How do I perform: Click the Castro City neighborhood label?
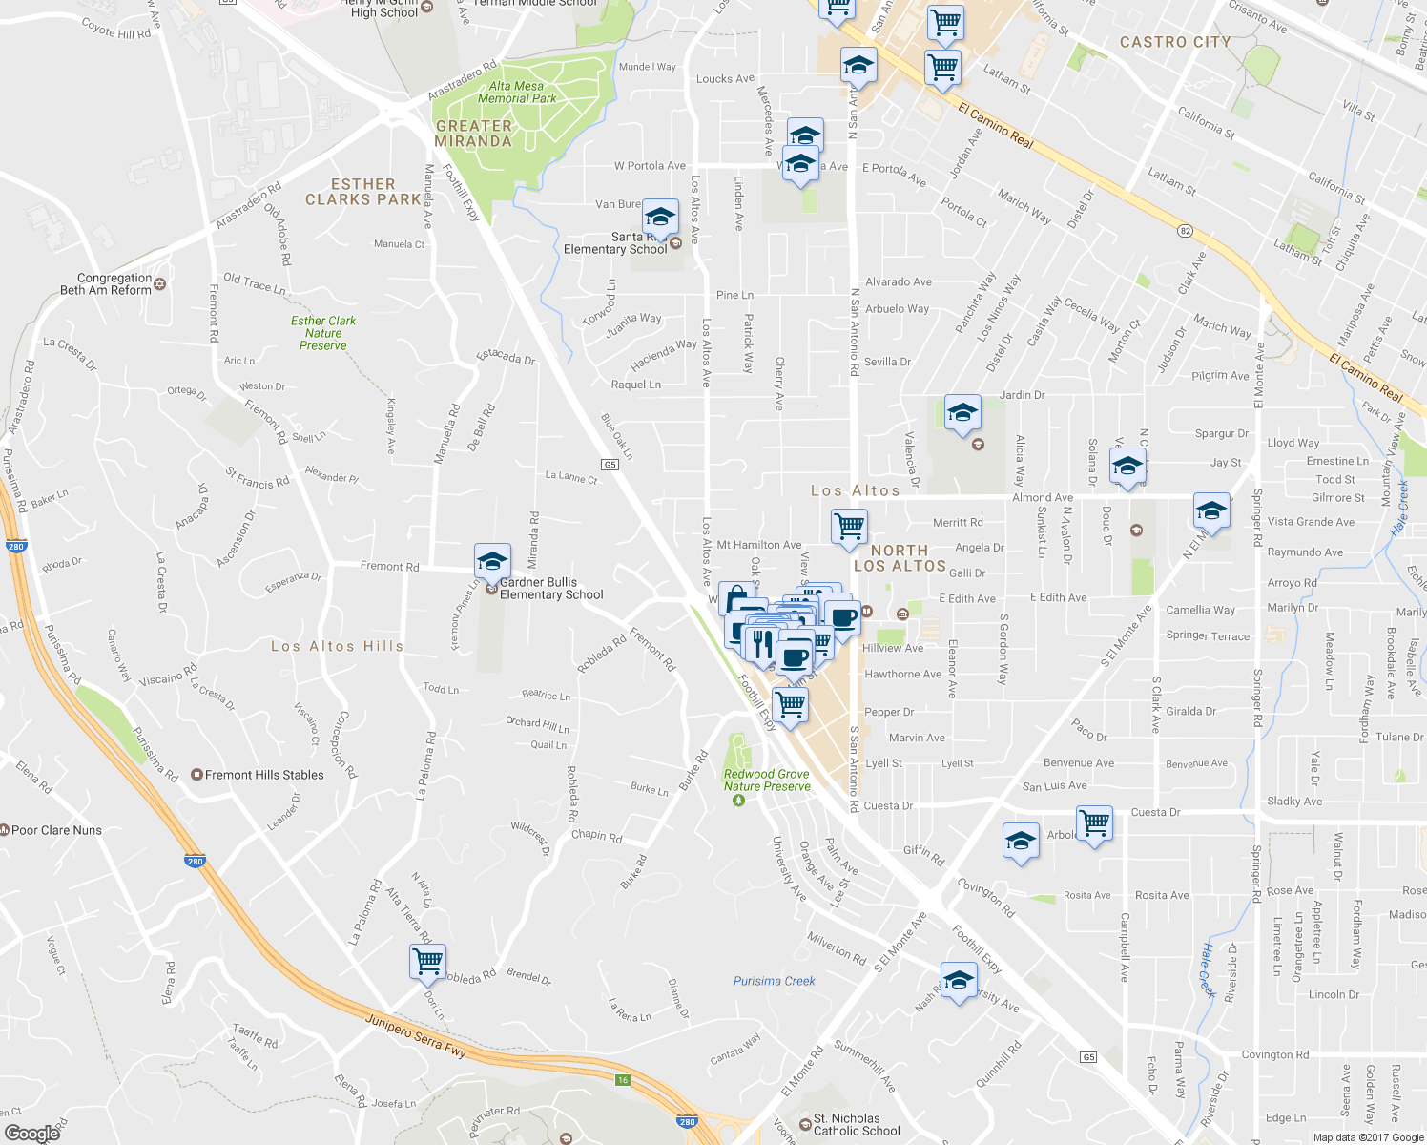tap(1175, 42)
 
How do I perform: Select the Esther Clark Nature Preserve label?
tap(323, 333)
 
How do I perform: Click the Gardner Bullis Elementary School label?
tap(551, 589)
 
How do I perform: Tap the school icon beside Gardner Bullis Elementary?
tap(492, 562)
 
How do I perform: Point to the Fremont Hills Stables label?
tap(264, 775)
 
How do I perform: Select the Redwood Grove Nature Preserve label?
tap(767, 781)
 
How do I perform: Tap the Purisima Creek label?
tap(775, 981)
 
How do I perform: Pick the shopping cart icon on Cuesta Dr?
tap(1094, 822)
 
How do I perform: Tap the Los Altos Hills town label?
tap(337, 646)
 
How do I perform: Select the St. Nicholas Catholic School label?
tap(857, 1125)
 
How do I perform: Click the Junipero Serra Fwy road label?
tap(416, 1035)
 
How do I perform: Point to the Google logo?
tap(31, 1133)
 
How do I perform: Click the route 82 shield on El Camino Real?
tap(1186, 231)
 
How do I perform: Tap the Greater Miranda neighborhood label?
tap(473, 134)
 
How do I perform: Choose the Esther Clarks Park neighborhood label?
tap(362, 192)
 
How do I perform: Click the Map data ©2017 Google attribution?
tap(1368, 1137)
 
